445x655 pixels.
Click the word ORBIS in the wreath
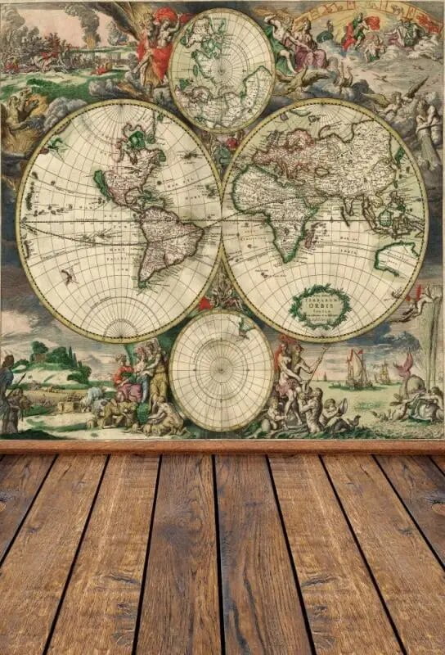tap(320, 307)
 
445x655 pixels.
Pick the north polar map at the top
tap(222, 70)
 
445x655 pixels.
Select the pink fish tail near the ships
tap(405, 364)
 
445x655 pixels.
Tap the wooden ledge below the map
tap(222, 447)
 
